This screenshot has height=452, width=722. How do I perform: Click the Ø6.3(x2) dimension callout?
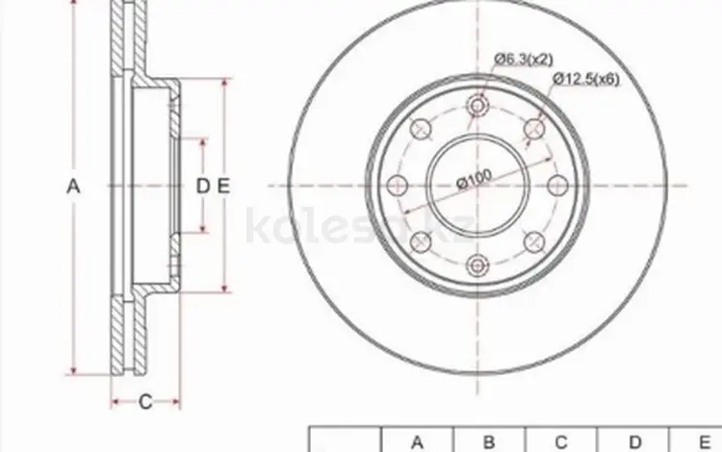pos(524,60)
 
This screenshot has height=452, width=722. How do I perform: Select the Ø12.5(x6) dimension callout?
pos(585,79)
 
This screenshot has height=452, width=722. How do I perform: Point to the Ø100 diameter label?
pos(475,179)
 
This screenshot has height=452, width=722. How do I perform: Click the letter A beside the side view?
pos(74,187)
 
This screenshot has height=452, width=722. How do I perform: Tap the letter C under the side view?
pos(145,402)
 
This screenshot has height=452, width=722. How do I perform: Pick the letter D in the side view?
pos(203,187)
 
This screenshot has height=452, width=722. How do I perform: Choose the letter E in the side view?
pos(223,187)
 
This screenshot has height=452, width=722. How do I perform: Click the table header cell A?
pos(417,440)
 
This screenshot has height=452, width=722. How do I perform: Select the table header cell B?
pos(489,440)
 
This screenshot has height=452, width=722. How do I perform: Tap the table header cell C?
pos(561,440)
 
